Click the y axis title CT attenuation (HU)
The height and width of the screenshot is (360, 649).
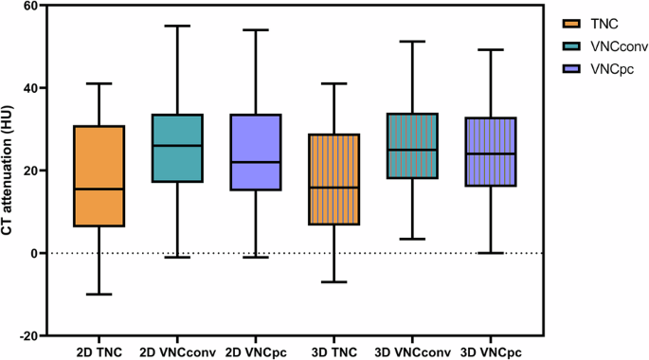(12, 171)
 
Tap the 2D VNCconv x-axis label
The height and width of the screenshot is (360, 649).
(176, 351)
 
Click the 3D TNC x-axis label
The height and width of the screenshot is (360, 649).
(334, 351)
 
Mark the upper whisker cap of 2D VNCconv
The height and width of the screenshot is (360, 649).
(176, 26)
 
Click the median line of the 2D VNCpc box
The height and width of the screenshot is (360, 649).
(255, 162)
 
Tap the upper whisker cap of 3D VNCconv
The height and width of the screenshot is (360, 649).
(412, 42)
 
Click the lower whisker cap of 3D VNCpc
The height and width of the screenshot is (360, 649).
(491, 253)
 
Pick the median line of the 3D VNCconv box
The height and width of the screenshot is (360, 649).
(412, 150)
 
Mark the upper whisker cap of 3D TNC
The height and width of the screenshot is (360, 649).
(334, 83)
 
